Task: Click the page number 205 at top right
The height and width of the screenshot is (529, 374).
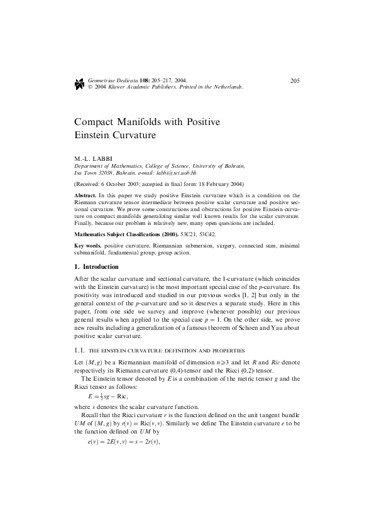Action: (x=294, y=80)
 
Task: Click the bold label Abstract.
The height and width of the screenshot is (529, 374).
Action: (x=85, y=196)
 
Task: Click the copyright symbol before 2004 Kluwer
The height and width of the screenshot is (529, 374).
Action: (x=91, y=87)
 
